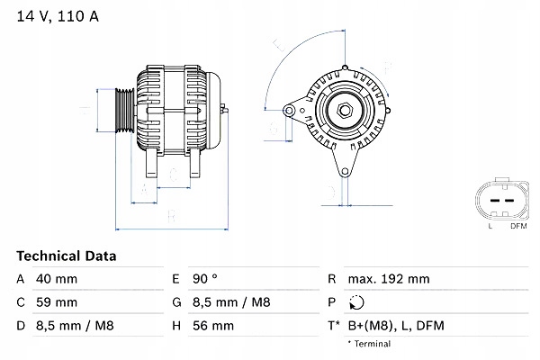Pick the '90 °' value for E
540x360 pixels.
[207, 279]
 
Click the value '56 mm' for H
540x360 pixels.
[214, 325]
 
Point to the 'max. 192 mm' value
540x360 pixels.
[390, 279]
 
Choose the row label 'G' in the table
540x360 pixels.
[176, 301]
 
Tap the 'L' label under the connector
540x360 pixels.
[490, 226]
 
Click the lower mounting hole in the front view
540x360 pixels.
[344, 174]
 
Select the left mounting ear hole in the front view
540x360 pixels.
[289, 111]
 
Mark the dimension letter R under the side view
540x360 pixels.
[172, 216]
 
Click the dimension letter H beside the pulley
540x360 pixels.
[82, 112]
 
